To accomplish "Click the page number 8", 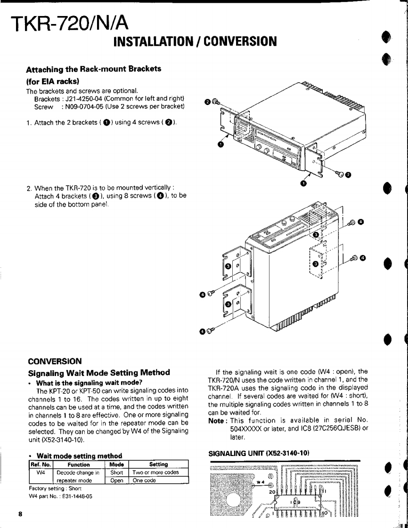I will click(x=20, y=514).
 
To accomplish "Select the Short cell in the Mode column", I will click(x=116, y=472).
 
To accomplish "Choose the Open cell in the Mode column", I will click(x=116, y=480).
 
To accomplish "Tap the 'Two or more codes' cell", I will click(x=155, y=472).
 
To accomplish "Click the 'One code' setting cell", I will click(x=144, y=480).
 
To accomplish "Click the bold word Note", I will click(x=218, y=420).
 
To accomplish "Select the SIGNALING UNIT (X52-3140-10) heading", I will click(x=259, y=453).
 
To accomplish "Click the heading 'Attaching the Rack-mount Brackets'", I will click(x=93, y=69).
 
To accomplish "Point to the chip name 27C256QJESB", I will click(x=332, y=428).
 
